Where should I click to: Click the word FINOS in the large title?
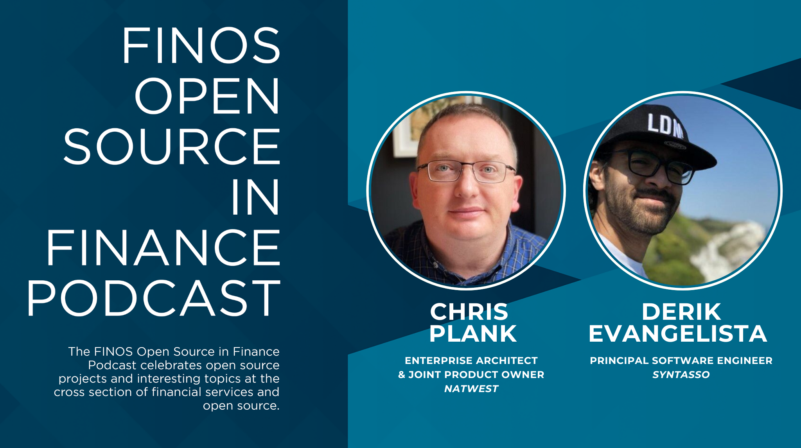pyautogui.click(x=201, y=45)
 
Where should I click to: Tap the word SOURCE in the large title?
pyautogui.click(x=172, y=147)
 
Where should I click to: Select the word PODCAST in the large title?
pyautogui.click(x=153, y=299)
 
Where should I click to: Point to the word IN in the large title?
pyautogui.click(x=255, y=197)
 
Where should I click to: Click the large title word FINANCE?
pyautogui.click(x=163, y=248)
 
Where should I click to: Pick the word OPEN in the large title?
pyautogui.click(x=207, y=96)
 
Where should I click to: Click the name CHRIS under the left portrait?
pyautogui.click(x=469, y=312)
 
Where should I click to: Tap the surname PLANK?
pyautogui.click(x=473, y=334)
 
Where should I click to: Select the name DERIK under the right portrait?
pyautogui.click(x=681, y=312)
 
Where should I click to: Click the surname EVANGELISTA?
pyautogui.click(x=677, y=334)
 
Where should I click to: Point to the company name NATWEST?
pyautogui.click(x=471, y=389)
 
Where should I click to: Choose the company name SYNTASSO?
pyautogui.click(x=681, y=375)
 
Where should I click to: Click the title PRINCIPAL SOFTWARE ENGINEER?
pyautogui.click(x=681, y=361)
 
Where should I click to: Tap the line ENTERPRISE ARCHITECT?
pyautogui.click(x=471, y=361)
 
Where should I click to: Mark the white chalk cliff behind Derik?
pyautogui.click(x=731, y=246)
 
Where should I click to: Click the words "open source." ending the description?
pyautogui.click(x=241, y=406)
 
